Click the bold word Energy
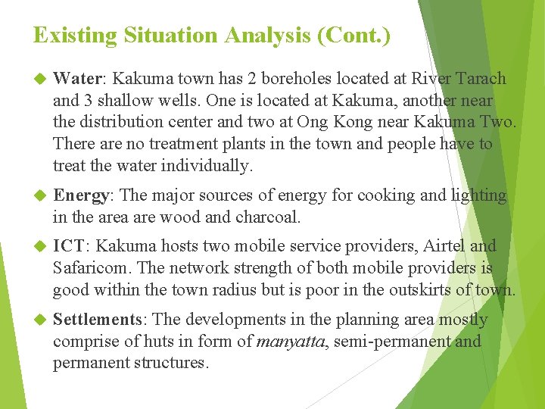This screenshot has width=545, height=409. pyautogui.click(x=82, y=195)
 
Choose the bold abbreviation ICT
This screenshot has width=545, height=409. pyautogui.click(x=70, y=246)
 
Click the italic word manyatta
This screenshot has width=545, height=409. pyautogui.click(x=289, y=342)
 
